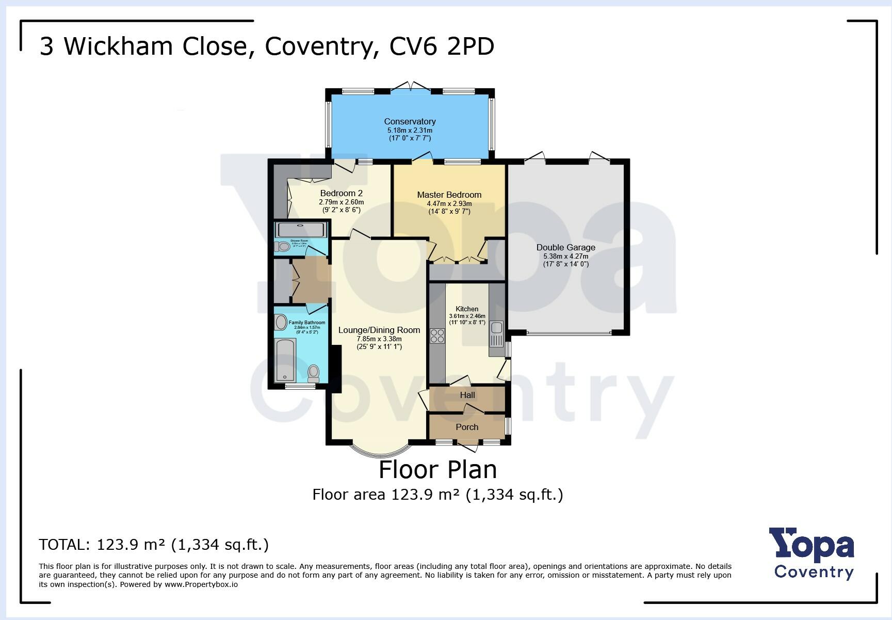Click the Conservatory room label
pos(410,121)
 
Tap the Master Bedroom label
pos(449,195)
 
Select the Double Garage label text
pos(565,247)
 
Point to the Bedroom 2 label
pos(341,194)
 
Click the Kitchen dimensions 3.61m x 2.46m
pos(467,316)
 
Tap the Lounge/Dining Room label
pos(379,330)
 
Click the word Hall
pos(467,395)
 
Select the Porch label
pos(467,427)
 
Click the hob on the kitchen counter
pos(437,336)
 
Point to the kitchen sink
pos(496,327)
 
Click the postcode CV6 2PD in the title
pos(442,46)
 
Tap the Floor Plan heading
pos(437,469)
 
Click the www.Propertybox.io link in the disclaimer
pos(201,584)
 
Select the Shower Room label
pos(299,241)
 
